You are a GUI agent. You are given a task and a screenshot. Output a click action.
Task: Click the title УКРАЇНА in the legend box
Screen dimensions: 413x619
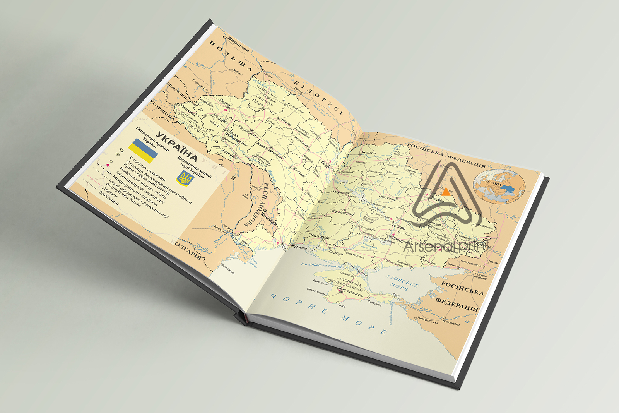click(x=176, y=147)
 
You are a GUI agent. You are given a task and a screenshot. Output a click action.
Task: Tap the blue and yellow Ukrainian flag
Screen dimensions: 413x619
click(x=143, y=151)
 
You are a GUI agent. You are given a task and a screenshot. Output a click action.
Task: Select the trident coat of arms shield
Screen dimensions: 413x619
click(x=185, y=178)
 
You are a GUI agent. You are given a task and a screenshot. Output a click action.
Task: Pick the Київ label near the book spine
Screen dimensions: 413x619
click(x=324, y=164)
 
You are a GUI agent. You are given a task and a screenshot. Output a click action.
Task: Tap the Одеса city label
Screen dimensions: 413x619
click(x=301, y=248)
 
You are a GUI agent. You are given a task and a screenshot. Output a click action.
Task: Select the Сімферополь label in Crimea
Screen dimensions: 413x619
click(x=351, y=293)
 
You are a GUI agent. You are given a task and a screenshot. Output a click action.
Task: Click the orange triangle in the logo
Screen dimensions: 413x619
click(x=446, y=192)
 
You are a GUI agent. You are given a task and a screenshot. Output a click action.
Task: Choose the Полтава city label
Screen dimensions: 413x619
click(x=387, y=197)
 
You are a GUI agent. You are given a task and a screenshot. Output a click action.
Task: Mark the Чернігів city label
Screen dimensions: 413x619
click(x=368, y=153)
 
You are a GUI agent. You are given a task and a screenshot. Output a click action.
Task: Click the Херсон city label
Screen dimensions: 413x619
click(x=336, y=253)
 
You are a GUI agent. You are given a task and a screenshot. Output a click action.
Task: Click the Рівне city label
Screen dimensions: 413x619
click(x=287, y=122)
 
